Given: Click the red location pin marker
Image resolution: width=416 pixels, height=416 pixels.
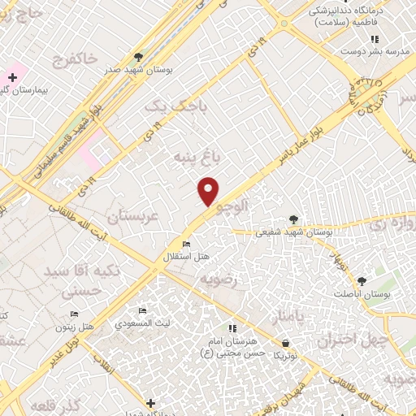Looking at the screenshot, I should (x=209, y=191).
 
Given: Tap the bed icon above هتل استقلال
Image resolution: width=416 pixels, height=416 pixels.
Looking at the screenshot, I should (x=187, y=245).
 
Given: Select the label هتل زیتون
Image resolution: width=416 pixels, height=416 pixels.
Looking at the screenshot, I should (x=74, y=326).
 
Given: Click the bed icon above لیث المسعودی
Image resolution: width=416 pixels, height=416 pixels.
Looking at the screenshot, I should (x=142, y=311).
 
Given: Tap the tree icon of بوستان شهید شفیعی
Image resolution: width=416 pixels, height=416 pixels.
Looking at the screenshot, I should (x=293, y=219).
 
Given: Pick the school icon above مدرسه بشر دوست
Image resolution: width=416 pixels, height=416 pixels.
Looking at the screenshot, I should (x=374, y=39).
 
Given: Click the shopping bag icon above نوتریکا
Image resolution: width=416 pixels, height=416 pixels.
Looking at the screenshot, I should (x=285, y=344).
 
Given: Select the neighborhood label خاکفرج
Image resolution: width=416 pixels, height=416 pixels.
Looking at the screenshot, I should (x=75, y=58).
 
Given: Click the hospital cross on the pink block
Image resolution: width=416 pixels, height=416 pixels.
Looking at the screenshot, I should (x=12, y=76).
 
